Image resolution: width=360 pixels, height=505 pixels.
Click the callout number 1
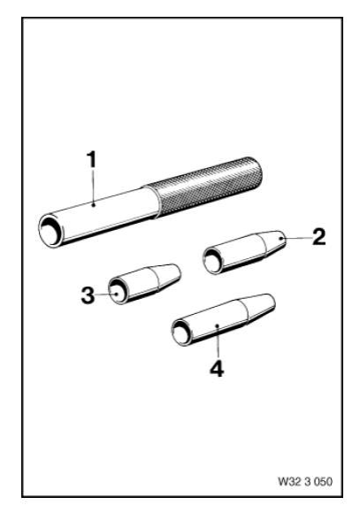(92, 160)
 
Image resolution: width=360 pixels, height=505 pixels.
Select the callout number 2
(318, 237)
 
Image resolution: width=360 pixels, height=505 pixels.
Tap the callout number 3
(88, 295)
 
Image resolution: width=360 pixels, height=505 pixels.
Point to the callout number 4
(217, 369)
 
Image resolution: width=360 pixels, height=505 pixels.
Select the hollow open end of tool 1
(51, 231)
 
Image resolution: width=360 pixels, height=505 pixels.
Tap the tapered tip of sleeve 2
(273, 242)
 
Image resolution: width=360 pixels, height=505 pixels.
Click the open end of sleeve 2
(213, 261)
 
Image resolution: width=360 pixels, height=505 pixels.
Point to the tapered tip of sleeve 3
(168, 275)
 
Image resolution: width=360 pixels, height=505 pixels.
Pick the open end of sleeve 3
(118, 292)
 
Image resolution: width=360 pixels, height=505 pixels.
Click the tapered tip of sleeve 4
(260, 308)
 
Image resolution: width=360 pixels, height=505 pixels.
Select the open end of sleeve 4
(181, 333)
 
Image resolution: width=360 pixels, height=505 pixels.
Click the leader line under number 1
(93, 187)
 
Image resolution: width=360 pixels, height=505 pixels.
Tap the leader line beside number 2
(295, 238)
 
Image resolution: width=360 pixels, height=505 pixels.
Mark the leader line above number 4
(218, 341)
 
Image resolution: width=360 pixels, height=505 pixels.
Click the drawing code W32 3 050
(305, 482)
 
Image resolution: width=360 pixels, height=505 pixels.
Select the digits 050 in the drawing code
(323, 482)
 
